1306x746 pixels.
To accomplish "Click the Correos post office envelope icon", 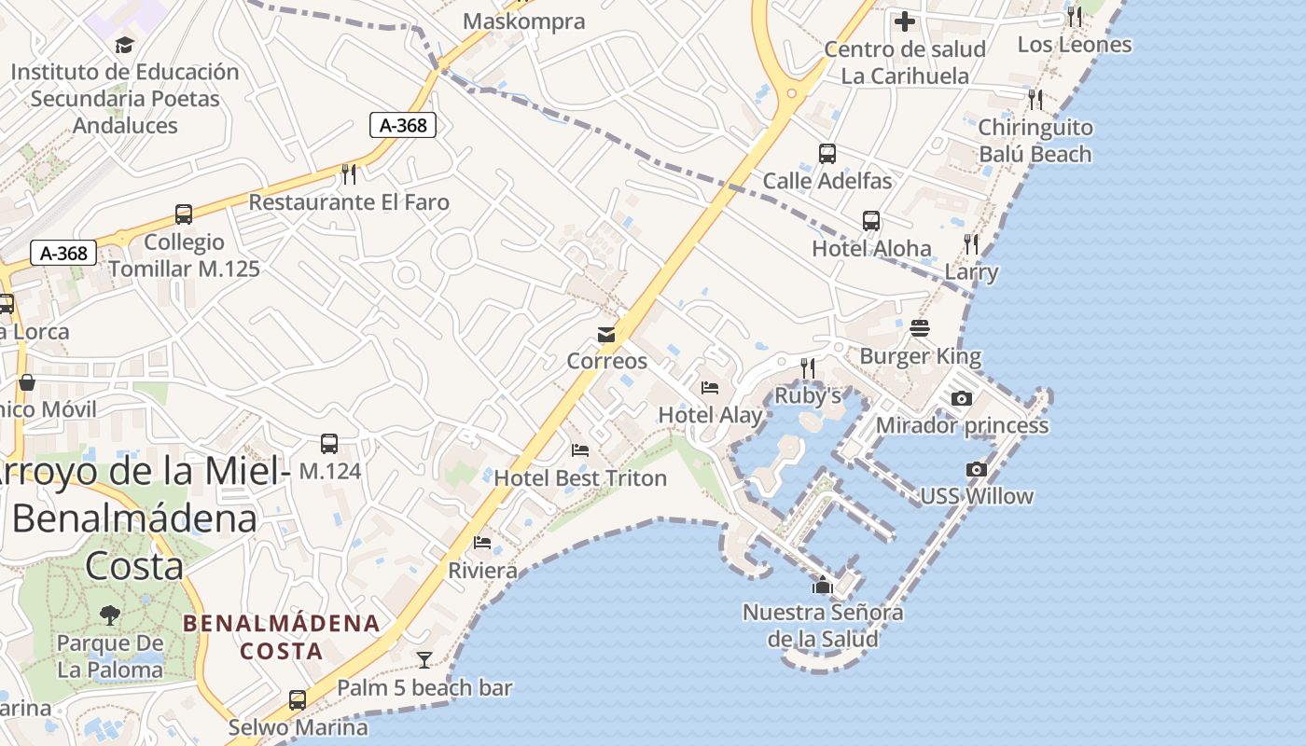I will (606, 335).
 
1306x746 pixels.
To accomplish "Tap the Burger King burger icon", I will (920, 328).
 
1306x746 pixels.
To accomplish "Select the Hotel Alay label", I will (710, 414).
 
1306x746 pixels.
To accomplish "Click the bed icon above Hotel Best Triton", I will (580, 450).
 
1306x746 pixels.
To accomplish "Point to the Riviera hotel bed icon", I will (482, 542).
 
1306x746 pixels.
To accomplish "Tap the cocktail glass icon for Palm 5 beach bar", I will (424, 660).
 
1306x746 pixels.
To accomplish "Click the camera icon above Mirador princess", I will (961, 398).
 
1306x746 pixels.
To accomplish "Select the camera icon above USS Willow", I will (977, 469).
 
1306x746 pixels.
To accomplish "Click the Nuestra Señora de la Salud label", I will (822, 626).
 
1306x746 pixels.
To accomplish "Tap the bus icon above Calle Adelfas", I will (827, 154).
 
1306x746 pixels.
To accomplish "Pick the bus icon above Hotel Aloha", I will (871, 221).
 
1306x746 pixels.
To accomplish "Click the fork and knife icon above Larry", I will (971, 244).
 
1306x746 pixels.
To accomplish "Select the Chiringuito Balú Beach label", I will (1035, 141).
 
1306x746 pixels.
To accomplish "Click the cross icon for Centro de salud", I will (904, 21).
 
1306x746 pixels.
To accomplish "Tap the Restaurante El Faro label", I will (349, 202).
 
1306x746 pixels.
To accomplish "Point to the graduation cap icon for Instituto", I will (124, 45).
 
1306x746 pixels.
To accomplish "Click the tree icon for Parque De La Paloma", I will (110, 615).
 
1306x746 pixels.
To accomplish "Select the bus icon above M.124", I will (329, 444).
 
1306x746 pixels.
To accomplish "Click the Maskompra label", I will (524, 21).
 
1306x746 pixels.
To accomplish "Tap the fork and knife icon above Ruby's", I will (808, 368).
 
